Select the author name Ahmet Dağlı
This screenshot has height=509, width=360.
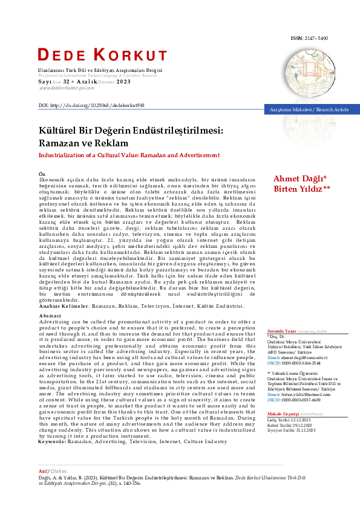click(299, 178)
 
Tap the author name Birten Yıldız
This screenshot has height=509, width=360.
click(301, 189)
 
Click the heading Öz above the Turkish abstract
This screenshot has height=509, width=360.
click(42, 173)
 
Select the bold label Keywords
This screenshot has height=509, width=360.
click(56, 425)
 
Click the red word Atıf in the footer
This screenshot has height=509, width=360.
click(42, 470)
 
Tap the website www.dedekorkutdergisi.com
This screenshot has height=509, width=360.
click(67, 88)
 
